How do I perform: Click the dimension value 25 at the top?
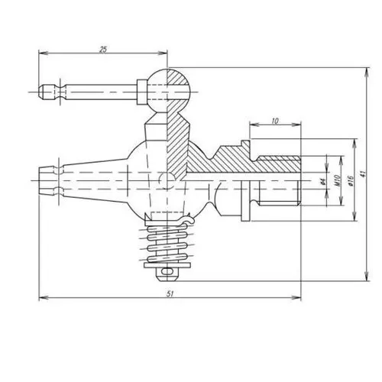[103, 48]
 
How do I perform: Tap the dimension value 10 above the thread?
[274, 121]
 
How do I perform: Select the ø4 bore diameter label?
[324, 181]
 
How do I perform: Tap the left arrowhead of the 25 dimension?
[41, 53]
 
